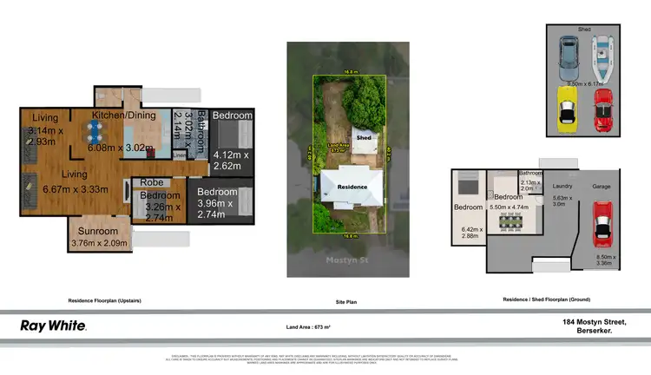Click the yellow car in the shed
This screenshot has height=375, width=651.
[565, 109]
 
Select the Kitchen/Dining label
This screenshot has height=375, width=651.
[125, 115]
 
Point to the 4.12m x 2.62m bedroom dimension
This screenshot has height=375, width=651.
[232, 161]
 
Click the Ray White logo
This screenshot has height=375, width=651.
[53, 326]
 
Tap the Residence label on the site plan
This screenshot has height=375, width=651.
[352, 187]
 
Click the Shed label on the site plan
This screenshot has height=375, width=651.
[365, 137]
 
